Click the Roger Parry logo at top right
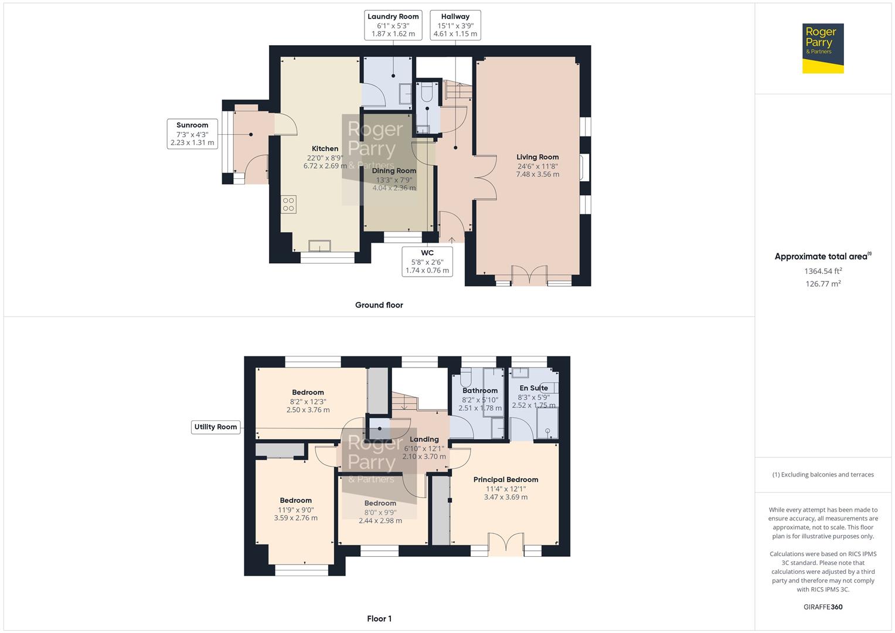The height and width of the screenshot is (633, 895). [x=823, y=48]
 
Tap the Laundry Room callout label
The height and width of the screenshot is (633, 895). [x=393, y=25]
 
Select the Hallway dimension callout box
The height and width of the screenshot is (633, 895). [x=455, y=25]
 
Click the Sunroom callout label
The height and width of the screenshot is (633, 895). [x=192, y=134]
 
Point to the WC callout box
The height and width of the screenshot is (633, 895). [x=427, y=261]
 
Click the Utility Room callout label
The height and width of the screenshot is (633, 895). [x=216, y=427]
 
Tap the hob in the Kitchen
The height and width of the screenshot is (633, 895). [x=288, y=204]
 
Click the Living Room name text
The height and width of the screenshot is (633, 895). [x=537, y=157]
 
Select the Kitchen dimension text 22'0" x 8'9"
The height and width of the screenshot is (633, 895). [x=325, y=158]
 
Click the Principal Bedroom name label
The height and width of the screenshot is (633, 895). [x=506, y=479]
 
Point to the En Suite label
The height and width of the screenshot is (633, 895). [x=533, y=388]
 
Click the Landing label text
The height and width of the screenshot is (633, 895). [x=424, y=439]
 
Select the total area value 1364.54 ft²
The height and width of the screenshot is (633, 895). [x=823, y=271]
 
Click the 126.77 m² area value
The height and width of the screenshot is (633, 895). [x=823, y=284]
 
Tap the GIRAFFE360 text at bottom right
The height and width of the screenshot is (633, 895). [x=823, y=607]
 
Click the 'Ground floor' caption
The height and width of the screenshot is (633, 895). [x=379, y=305]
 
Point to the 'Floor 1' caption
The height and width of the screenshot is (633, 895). [x=379, y=618]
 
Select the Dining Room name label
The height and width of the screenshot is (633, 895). [x=394, y=171]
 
